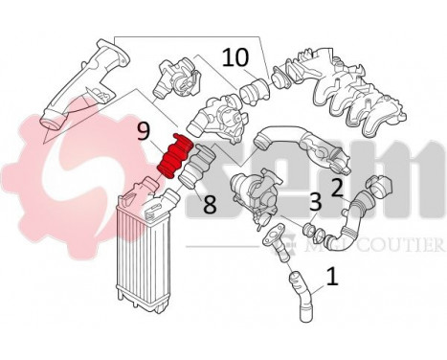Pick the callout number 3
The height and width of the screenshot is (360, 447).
[314, 202]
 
